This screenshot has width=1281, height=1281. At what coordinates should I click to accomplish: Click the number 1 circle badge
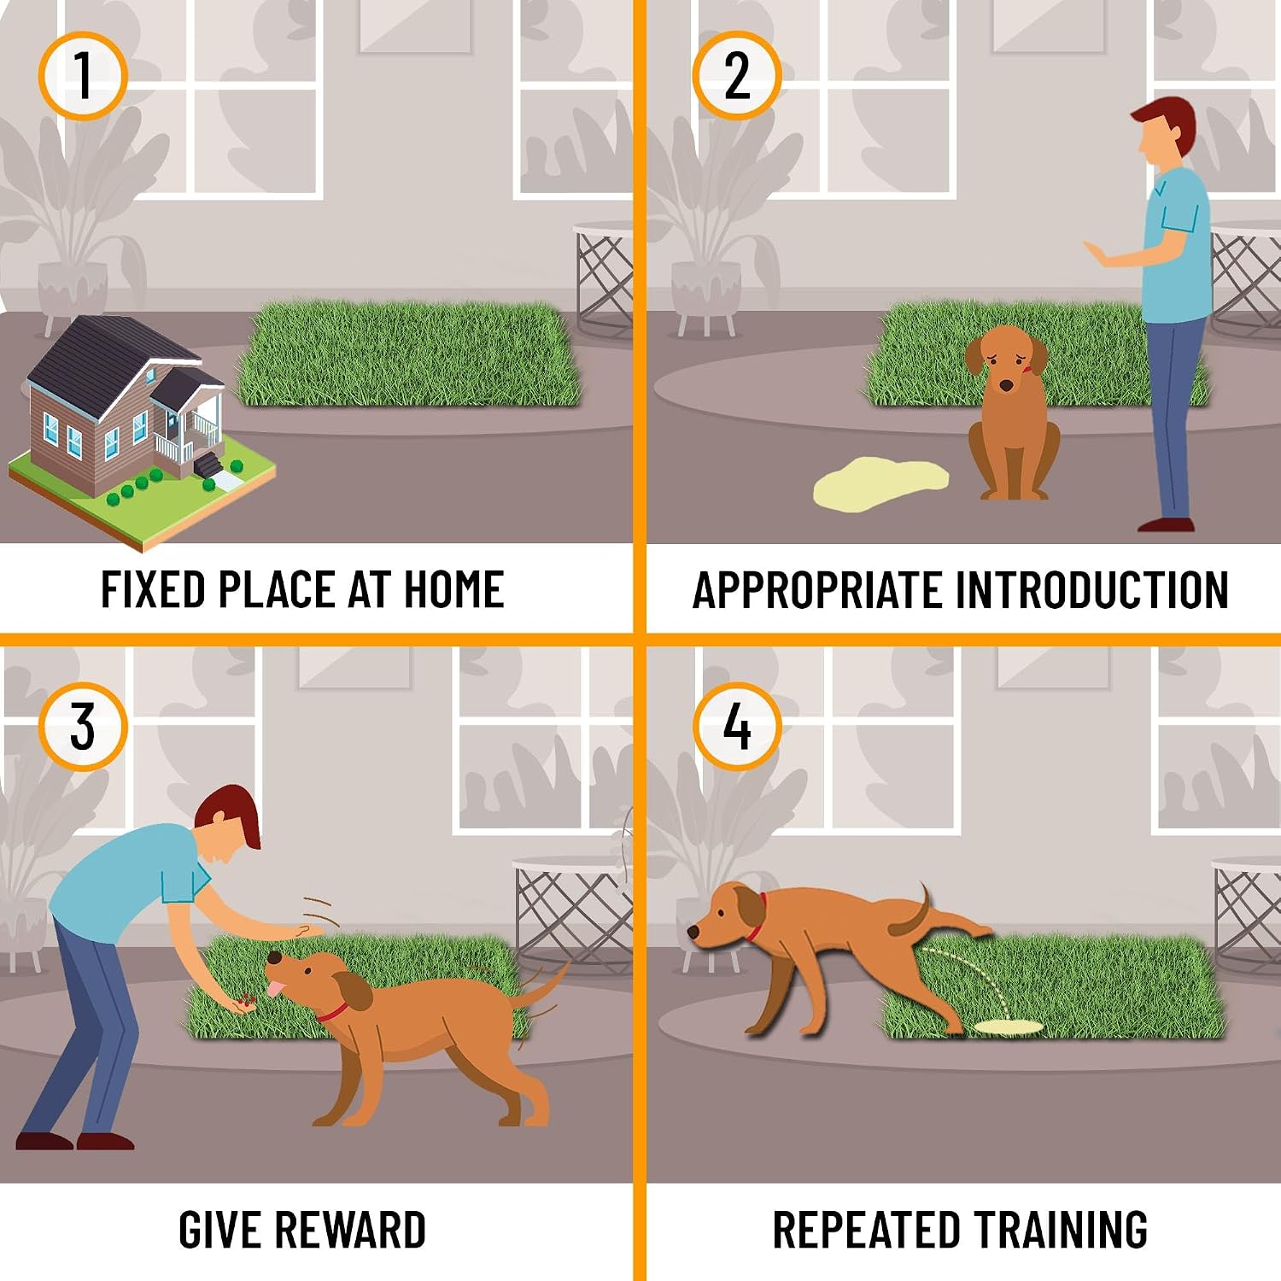[x=83, y=75]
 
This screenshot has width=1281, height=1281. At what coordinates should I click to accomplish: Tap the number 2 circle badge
[x=737, y=75]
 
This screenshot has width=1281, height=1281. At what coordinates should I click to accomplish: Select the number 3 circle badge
[x=83, y=727]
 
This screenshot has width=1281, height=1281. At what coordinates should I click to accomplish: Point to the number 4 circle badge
[x=737, y=727]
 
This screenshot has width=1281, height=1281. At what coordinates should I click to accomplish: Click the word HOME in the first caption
[x=453, y=589]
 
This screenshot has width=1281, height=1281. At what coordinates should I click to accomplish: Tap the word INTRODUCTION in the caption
[x=1091, y=590]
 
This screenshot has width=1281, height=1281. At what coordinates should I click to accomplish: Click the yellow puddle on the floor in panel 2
[x=880, y=483]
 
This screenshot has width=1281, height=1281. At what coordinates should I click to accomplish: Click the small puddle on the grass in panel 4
[x=1009, y=1026]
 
